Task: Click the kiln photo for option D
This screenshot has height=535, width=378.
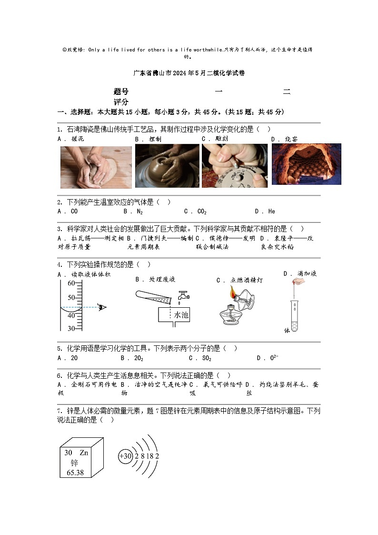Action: click(306, 164)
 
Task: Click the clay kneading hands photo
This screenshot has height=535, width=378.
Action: click(96, 167)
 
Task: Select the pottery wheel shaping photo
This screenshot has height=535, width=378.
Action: click(167, 166)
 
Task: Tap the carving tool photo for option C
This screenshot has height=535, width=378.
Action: click(235, 165)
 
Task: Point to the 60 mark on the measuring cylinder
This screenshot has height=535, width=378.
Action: click(71, 283)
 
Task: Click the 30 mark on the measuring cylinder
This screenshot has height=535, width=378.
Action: click(71, 328)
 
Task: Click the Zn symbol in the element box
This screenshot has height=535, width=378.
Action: click(84, 453)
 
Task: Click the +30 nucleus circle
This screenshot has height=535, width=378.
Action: click(125, 456)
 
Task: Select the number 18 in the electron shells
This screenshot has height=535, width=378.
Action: click(149, 456)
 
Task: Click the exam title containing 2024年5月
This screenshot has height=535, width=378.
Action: click(189, 73)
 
